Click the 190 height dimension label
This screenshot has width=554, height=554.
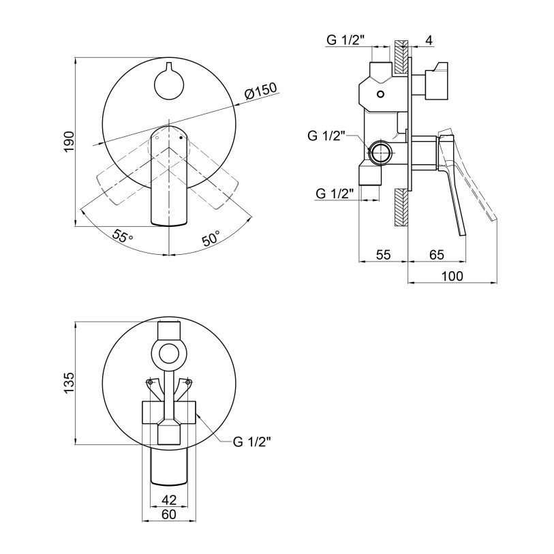pyautogui.click(x=69, y=142)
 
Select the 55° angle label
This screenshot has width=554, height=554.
pyautogui.click(x=122, y=236)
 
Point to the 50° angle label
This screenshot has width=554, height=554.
pyautogui.click(x=211, y=238)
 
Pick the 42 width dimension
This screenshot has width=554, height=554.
pyautogui.click(x=169, y=499)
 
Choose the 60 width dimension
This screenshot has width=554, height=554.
pyautogui.click(x=169, y=514)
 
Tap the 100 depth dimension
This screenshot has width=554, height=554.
pyautogui.click(x=452, y=276)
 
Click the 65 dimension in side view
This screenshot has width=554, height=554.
pyautogui.click(x=436, y=254)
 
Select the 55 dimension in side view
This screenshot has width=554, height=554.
pyautogui.click(x=383, y=254)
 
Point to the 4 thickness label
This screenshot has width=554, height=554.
pyautogui.click(x=429, y=40)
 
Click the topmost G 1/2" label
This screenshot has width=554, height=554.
pyautogui.click(x=345, y=40)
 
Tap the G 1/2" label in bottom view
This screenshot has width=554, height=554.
pyautogui.click(x=252, y=442)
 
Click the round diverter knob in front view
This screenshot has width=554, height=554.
pyautogui.click(x=169, y=84)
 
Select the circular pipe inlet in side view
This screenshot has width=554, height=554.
pyautogui.click(x=380, y=152)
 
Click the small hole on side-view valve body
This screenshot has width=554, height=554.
pyautogui.click(x=380, y=94)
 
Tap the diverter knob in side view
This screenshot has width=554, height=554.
pyautogui.click(x=437, y=82)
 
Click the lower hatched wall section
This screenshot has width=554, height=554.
pyautogui.click(x=401, y=208)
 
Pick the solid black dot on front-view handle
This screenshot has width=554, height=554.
pyautogui.click(x=181, y=137)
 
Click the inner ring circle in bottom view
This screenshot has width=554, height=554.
pyautogui.click(x=168, y=354)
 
